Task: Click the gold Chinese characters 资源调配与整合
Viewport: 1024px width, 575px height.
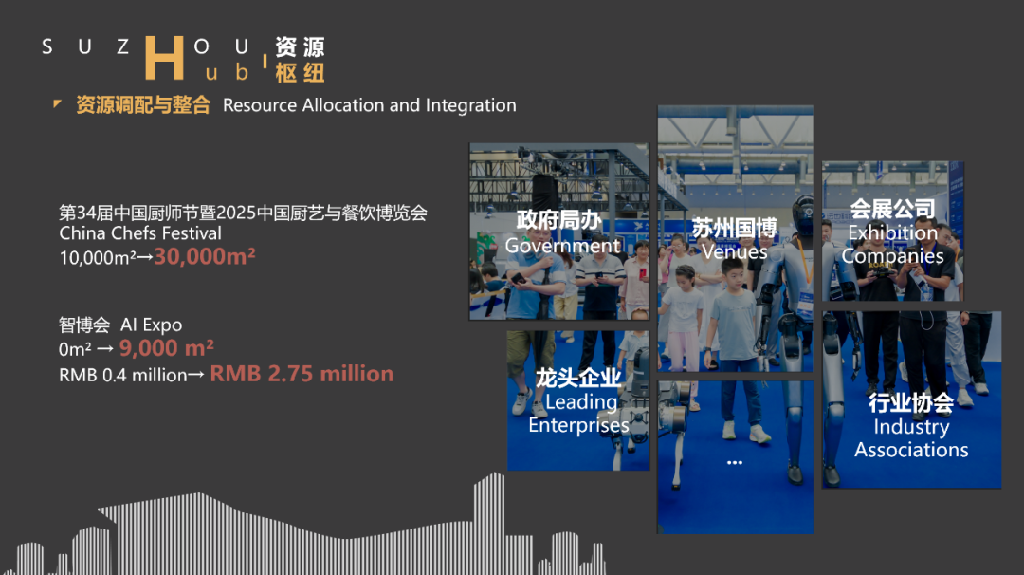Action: tap(142, 105)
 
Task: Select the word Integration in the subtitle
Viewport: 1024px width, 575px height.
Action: tap(471, 105)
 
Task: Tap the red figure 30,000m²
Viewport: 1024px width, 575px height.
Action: tap(205, 256)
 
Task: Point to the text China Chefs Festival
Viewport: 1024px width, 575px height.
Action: tap(140, 233)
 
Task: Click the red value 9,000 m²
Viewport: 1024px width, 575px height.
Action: tap(167, 348)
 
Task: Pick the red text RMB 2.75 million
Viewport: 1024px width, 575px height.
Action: tap(302, 374)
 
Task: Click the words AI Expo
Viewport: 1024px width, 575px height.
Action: tap(151, 325)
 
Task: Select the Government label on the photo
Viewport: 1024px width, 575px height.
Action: tap(562, 246)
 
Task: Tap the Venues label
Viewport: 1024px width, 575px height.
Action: tap(734, 251)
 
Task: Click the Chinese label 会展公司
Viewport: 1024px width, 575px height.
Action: tap(892, 209)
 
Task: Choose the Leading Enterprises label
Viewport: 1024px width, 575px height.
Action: tap(578, 414)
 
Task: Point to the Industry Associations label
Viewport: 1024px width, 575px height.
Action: tap(911, 438)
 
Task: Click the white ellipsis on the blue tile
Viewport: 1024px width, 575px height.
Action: tap(734, 462)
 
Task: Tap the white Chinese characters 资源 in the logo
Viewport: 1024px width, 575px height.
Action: tap(300, 46)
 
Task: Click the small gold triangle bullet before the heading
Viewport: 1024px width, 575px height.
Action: tap(58, 103)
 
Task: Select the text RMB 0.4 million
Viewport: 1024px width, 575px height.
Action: tap(123, 375)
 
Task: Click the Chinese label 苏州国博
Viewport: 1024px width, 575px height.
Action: tap(734, 228)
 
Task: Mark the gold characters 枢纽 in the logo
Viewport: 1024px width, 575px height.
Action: tap(300, 73)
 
